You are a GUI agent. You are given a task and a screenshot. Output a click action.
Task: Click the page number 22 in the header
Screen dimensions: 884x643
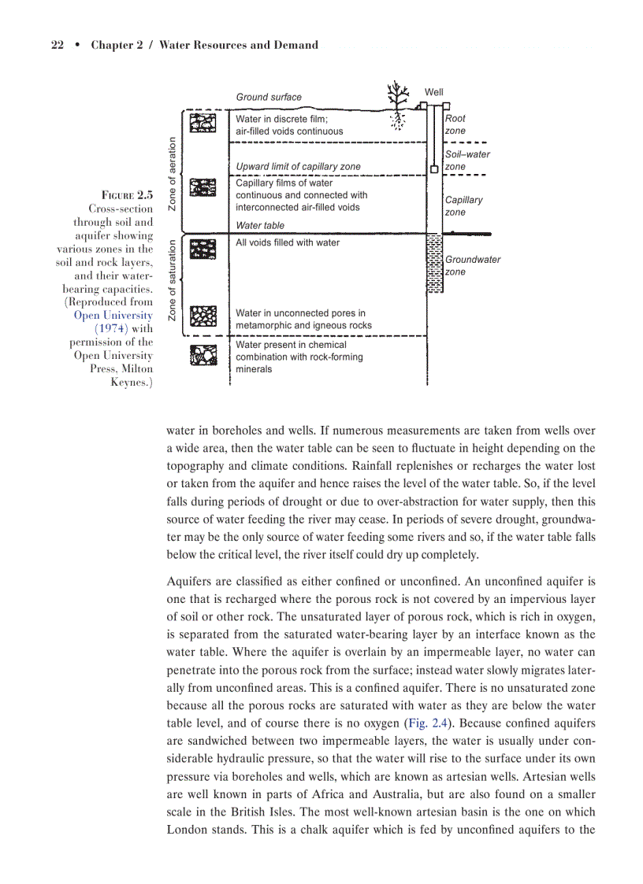[x=57, y=45]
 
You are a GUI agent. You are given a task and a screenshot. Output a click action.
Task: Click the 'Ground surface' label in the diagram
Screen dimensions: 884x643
[x=269, y=97]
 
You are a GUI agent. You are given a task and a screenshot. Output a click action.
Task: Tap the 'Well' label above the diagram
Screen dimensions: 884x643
[x=434, y=93]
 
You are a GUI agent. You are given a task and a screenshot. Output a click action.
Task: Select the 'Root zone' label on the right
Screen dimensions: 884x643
[x=455, y=124]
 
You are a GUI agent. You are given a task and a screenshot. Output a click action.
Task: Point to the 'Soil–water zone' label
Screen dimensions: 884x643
[x=466, y=161]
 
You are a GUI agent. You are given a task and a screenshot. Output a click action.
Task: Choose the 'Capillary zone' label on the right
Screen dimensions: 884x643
[x=463, y=205]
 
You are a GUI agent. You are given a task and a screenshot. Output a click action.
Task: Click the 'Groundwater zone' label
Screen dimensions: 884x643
[x=472, y=265]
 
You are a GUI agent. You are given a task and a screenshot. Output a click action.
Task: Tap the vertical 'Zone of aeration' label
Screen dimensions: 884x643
[x=172, y=172]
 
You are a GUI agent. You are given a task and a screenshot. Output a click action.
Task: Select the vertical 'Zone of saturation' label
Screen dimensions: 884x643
[x=172, y=280]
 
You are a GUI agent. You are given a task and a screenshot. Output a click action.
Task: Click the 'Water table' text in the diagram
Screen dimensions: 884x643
[x=260, y=225]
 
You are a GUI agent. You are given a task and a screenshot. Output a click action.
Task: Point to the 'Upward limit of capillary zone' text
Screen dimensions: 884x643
[x=298, y=166]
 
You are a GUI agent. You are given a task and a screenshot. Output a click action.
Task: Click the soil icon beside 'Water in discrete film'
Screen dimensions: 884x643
[x=204, y=124]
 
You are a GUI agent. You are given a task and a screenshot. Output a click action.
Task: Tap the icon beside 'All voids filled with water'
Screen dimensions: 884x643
[x=204, y=250]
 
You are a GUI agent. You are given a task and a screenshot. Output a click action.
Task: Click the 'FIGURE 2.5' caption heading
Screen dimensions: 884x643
[x=127, y=194]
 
